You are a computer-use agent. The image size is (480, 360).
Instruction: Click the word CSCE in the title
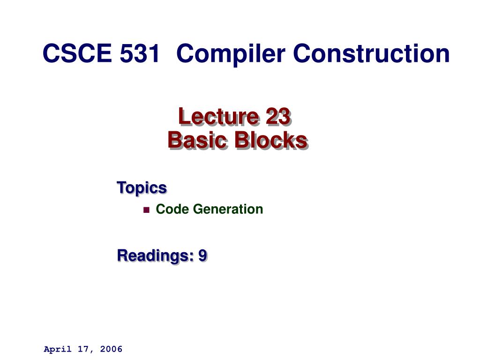click(77, 53)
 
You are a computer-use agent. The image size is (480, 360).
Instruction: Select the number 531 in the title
click(140, 53)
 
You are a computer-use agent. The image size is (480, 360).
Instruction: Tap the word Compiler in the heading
click(231, 54)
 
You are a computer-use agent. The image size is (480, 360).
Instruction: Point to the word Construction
click(371, 53)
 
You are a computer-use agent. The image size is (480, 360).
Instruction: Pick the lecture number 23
click(278, 116)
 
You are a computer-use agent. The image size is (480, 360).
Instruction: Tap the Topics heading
click(142, 188)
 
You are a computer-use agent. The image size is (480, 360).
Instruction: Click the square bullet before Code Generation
click(146, 210)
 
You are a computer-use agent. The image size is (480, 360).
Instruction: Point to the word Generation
click(228, 209)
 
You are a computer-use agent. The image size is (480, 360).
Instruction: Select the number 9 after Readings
click(202, 255)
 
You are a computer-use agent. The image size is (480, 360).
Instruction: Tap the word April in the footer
click(58, 349)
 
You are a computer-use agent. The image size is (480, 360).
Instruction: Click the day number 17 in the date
click(82, 349)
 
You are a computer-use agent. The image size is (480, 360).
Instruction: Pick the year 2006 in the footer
click(111, 349)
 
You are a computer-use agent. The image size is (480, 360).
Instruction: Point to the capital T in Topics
click(121, 187)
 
